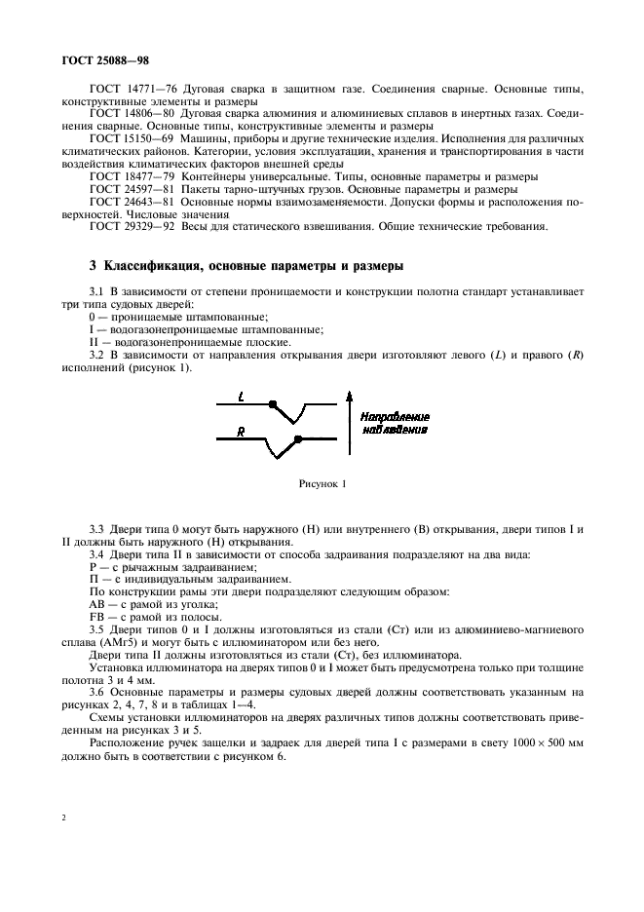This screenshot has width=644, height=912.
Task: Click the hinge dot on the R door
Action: [272, 439]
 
